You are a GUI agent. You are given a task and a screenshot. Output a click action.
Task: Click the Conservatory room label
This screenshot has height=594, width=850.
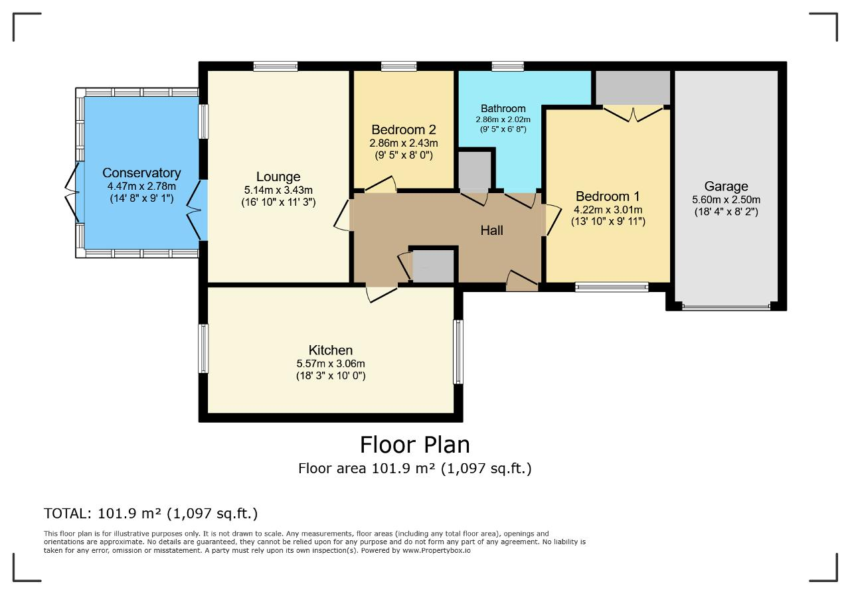click(x=141, y=173)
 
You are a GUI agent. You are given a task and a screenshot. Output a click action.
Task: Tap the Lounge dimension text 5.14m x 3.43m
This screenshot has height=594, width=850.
click(x=278, y=190)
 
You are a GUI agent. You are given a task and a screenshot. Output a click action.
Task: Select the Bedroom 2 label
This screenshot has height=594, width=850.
click(x=404, y=129)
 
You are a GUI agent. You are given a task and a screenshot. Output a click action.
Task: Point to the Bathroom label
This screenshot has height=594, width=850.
click(x=503, y=108)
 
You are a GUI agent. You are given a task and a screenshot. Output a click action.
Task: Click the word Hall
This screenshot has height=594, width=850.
click(x=492, y=230)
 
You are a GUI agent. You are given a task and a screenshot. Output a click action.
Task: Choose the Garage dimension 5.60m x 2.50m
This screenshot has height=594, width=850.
click(x=726, y=200)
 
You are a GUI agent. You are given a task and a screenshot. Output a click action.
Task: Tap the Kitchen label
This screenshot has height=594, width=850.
click(x=331, y=350)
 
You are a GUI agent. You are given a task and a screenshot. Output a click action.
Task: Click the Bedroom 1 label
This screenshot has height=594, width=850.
click(x=608, y=196)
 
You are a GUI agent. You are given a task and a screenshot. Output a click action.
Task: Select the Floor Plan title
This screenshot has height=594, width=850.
click(x=415, y=445)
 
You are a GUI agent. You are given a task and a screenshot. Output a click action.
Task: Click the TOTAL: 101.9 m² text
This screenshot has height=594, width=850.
click(x=102, y=514)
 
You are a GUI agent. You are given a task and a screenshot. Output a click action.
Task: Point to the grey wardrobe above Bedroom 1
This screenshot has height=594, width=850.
click(x=633, y=88)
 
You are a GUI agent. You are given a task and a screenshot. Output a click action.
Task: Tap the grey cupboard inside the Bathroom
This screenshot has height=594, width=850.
click(x=475, y=171)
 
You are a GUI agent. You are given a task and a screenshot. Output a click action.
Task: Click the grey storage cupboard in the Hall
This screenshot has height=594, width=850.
click(x=434, y=266)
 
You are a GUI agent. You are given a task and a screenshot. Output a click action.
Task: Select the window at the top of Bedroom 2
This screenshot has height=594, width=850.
click(x=399, y=66)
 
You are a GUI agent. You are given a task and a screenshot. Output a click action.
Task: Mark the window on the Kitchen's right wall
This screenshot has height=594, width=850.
click(x=458, y=352)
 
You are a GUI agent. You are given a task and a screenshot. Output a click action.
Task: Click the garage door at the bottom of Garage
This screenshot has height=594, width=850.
click(x=726, y=307)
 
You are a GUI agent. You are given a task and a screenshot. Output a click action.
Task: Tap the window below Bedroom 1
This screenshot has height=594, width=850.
click(x=612, y=287)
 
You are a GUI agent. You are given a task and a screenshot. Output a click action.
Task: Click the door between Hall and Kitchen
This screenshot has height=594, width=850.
click(x=382, y=293)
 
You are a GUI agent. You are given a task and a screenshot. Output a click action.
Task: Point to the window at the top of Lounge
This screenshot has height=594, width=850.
click(x=276, y=66)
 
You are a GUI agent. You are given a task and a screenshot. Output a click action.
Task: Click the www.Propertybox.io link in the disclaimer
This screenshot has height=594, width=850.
click(x=436, y=550)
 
